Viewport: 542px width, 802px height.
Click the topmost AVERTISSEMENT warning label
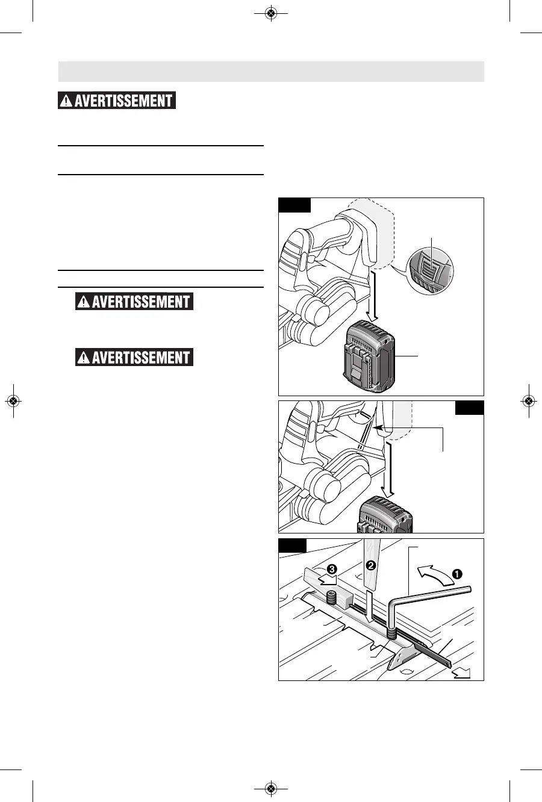pos(117,101)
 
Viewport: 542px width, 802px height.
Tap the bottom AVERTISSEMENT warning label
pos(134,358)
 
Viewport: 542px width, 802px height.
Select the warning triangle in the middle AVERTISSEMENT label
pos(82,302)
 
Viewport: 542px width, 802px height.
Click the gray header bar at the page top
pos(271,71)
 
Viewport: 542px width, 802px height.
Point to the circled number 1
pos(458,574)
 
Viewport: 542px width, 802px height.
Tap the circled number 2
pos(372,565)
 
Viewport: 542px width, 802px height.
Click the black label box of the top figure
pos(295,205)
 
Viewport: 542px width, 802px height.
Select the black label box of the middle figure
pos(469,408)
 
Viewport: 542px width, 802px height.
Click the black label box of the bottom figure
pos(293,546)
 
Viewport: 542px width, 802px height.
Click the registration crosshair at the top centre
pos(271,13)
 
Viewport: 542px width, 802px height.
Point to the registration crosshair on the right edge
pos(528,401)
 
